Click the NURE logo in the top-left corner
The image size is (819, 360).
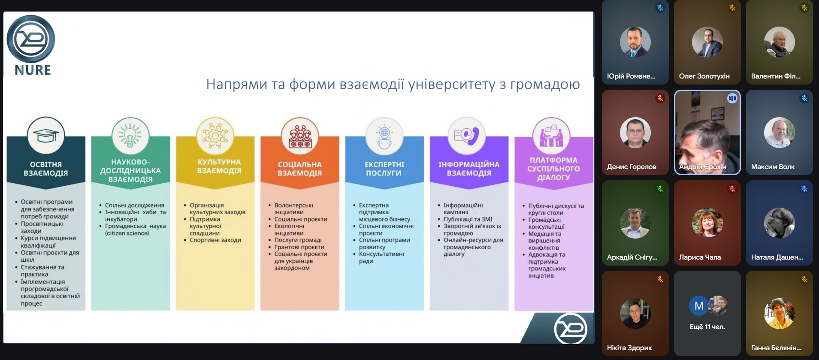pos(31,45)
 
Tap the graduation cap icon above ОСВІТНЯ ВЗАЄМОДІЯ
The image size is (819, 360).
pos(46,136)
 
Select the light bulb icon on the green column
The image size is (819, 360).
pos(130,136)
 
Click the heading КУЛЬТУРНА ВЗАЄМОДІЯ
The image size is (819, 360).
pos(219,166)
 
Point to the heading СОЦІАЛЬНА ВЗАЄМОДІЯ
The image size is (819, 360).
pos(299,169)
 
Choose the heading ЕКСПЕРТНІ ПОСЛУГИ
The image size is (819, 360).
pos(384,169)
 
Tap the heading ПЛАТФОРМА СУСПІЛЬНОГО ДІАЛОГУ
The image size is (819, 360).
pos(553,169)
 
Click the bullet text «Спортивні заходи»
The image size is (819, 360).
pos(215,240)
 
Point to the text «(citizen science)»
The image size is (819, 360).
pos(127,233)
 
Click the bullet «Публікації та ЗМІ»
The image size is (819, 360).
pos(468,219)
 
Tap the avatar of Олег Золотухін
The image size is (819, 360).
pos(707,42)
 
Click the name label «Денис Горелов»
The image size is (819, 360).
pos(632,167)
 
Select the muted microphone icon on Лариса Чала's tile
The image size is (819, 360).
pos(732,189)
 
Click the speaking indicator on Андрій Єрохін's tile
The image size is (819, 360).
pos(732,99)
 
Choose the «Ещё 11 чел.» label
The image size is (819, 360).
pos(707,327)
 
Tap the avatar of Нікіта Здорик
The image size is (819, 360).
pos(635,314)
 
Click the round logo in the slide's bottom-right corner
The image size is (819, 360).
pos(571,329)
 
